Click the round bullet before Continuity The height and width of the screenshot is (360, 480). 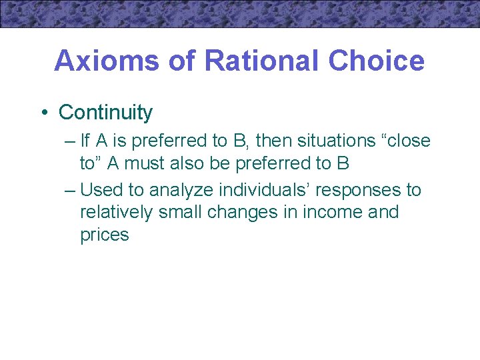pyautogui.click(x=42, y=113)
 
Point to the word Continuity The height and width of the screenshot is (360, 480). pyautogui.click(x=105, y=113)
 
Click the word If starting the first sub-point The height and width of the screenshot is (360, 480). pyautogui.click(x=85, y=141)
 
